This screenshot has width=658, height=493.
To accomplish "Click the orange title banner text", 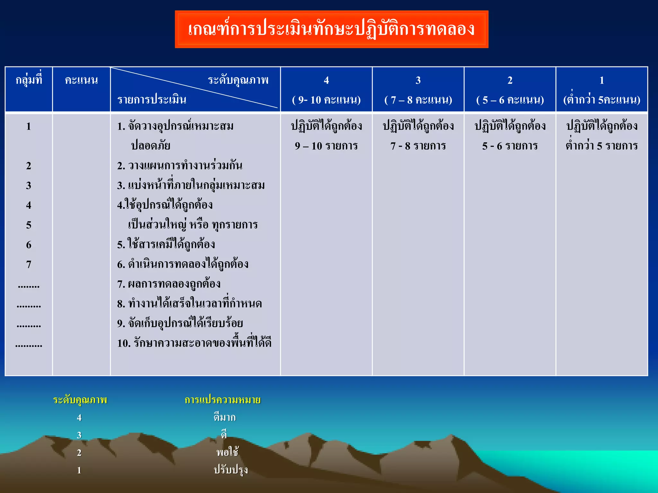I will (331, 29).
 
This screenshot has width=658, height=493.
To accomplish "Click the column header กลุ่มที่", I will (29, 80).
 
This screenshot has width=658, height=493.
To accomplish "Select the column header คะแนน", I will (81, 80).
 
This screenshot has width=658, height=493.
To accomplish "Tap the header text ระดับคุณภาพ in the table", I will (238, 80).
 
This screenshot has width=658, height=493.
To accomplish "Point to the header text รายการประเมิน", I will (152, 99).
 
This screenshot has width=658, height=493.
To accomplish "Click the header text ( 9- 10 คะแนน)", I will (326, 100).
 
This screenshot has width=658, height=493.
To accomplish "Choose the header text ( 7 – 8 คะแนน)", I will (418, 100).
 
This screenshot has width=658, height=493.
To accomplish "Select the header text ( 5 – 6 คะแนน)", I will (510, 100).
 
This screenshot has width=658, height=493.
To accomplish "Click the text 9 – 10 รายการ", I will (326, 146).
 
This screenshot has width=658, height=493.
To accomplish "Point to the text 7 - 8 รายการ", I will (418, 146).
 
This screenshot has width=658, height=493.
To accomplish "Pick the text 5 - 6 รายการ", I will (510, 146).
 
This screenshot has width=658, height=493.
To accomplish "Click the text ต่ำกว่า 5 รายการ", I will (601, 145).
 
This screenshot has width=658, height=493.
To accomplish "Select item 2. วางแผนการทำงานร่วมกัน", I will (180, 166).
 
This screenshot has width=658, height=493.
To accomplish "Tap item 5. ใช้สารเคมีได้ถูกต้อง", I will (166, 245).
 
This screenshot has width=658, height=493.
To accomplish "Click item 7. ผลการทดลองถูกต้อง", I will (169, 284).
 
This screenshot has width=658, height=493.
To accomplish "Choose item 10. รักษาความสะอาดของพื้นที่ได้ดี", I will (194, 343).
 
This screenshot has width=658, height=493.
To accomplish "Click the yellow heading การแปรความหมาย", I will (222, 400).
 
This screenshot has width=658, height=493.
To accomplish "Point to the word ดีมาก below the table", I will (225, 417).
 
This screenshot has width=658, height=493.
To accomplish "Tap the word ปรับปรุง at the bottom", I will (231, 470).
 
